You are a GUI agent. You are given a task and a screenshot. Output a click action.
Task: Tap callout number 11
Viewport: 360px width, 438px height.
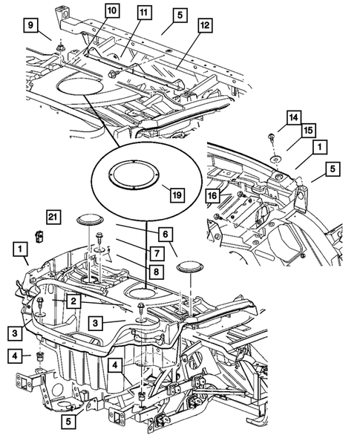pos(143,13)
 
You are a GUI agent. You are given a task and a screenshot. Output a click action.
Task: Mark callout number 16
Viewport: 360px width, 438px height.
pos(214,195)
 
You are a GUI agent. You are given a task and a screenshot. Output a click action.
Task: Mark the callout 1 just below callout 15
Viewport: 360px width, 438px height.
pos(318,148)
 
